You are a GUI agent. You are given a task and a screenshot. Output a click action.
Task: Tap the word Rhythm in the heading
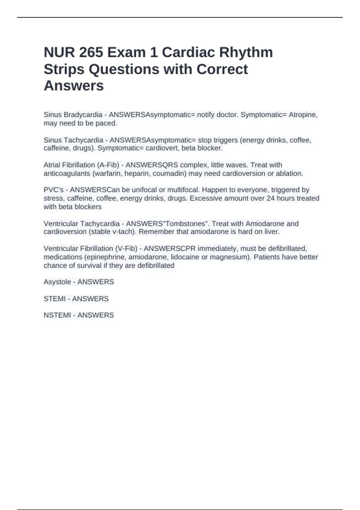(246, 52)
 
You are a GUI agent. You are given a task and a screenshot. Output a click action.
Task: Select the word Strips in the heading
(64, 69)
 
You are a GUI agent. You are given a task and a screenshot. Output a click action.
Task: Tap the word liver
(273, 232)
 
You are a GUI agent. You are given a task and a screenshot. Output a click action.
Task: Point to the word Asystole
(57, 282)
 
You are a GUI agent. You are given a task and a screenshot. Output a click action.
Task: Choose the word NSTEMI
(57, 315)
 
